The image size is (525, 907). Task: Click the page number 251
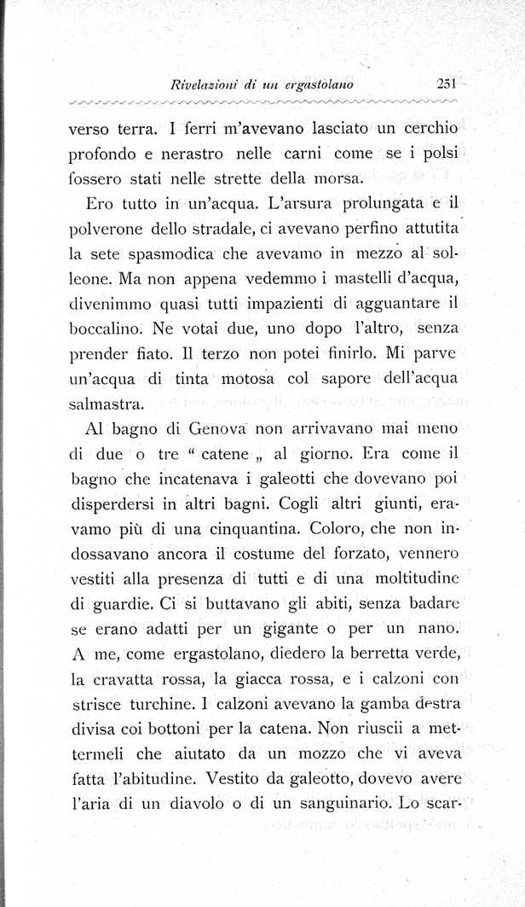[447, 83]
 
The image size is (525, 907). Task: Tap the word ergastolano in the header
[319, 84]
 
